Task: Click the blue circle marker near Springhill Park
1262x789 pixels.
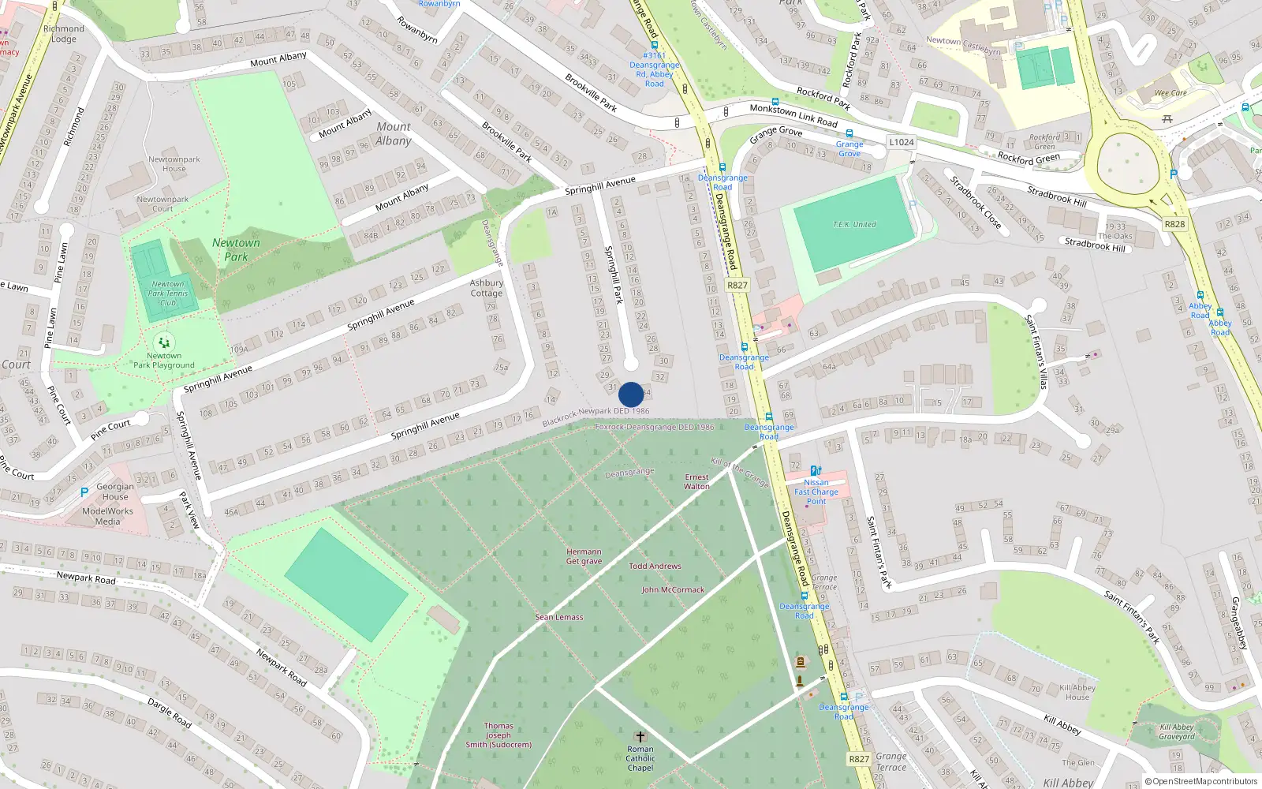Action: coord(631,394)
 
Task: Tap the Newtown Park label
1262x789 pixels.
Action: coord(236,249)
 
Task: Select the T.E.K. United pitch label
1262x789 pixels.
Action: coord(854,225)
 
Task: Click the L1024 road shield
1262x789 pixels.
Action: coord(902,142)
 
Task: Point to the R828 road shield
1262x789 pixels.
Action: coord(1174,224)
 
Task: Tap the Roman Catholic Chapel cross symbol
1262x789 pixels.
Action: coord(640,736)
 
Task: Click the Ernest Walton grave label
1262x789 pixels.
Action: coord(696,482)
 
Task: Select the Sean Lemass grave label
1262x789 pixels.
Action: coord(559,617)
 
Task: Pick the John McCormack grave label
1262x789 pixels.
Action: coord(673,589)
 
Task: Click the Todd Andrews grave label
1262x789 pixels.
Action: coord(655,566)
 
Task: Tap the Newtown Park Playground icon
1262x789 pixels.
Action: coord(164,342)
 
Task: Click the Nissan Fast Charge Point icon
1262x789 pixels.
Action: coord(816,470)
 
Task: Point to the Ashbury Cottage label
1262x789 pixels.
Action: coord(487,288)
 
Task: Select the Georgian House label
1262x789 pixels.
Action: coord(115,492)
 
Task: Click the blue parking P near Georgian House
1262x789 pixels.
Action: coord(84,492)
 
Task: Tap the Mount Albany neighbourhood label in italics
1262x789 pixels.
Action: coord(394,133)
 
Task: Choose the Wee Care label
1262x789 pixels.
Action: coord(1171,93)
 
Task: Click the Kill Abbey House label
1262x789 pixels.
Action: coord(1077,692)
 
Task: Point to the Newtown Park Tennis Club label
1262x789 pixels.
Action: coord(168,294)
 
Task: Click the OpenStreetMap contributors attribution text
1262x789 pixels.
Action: coord(1201,781)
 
